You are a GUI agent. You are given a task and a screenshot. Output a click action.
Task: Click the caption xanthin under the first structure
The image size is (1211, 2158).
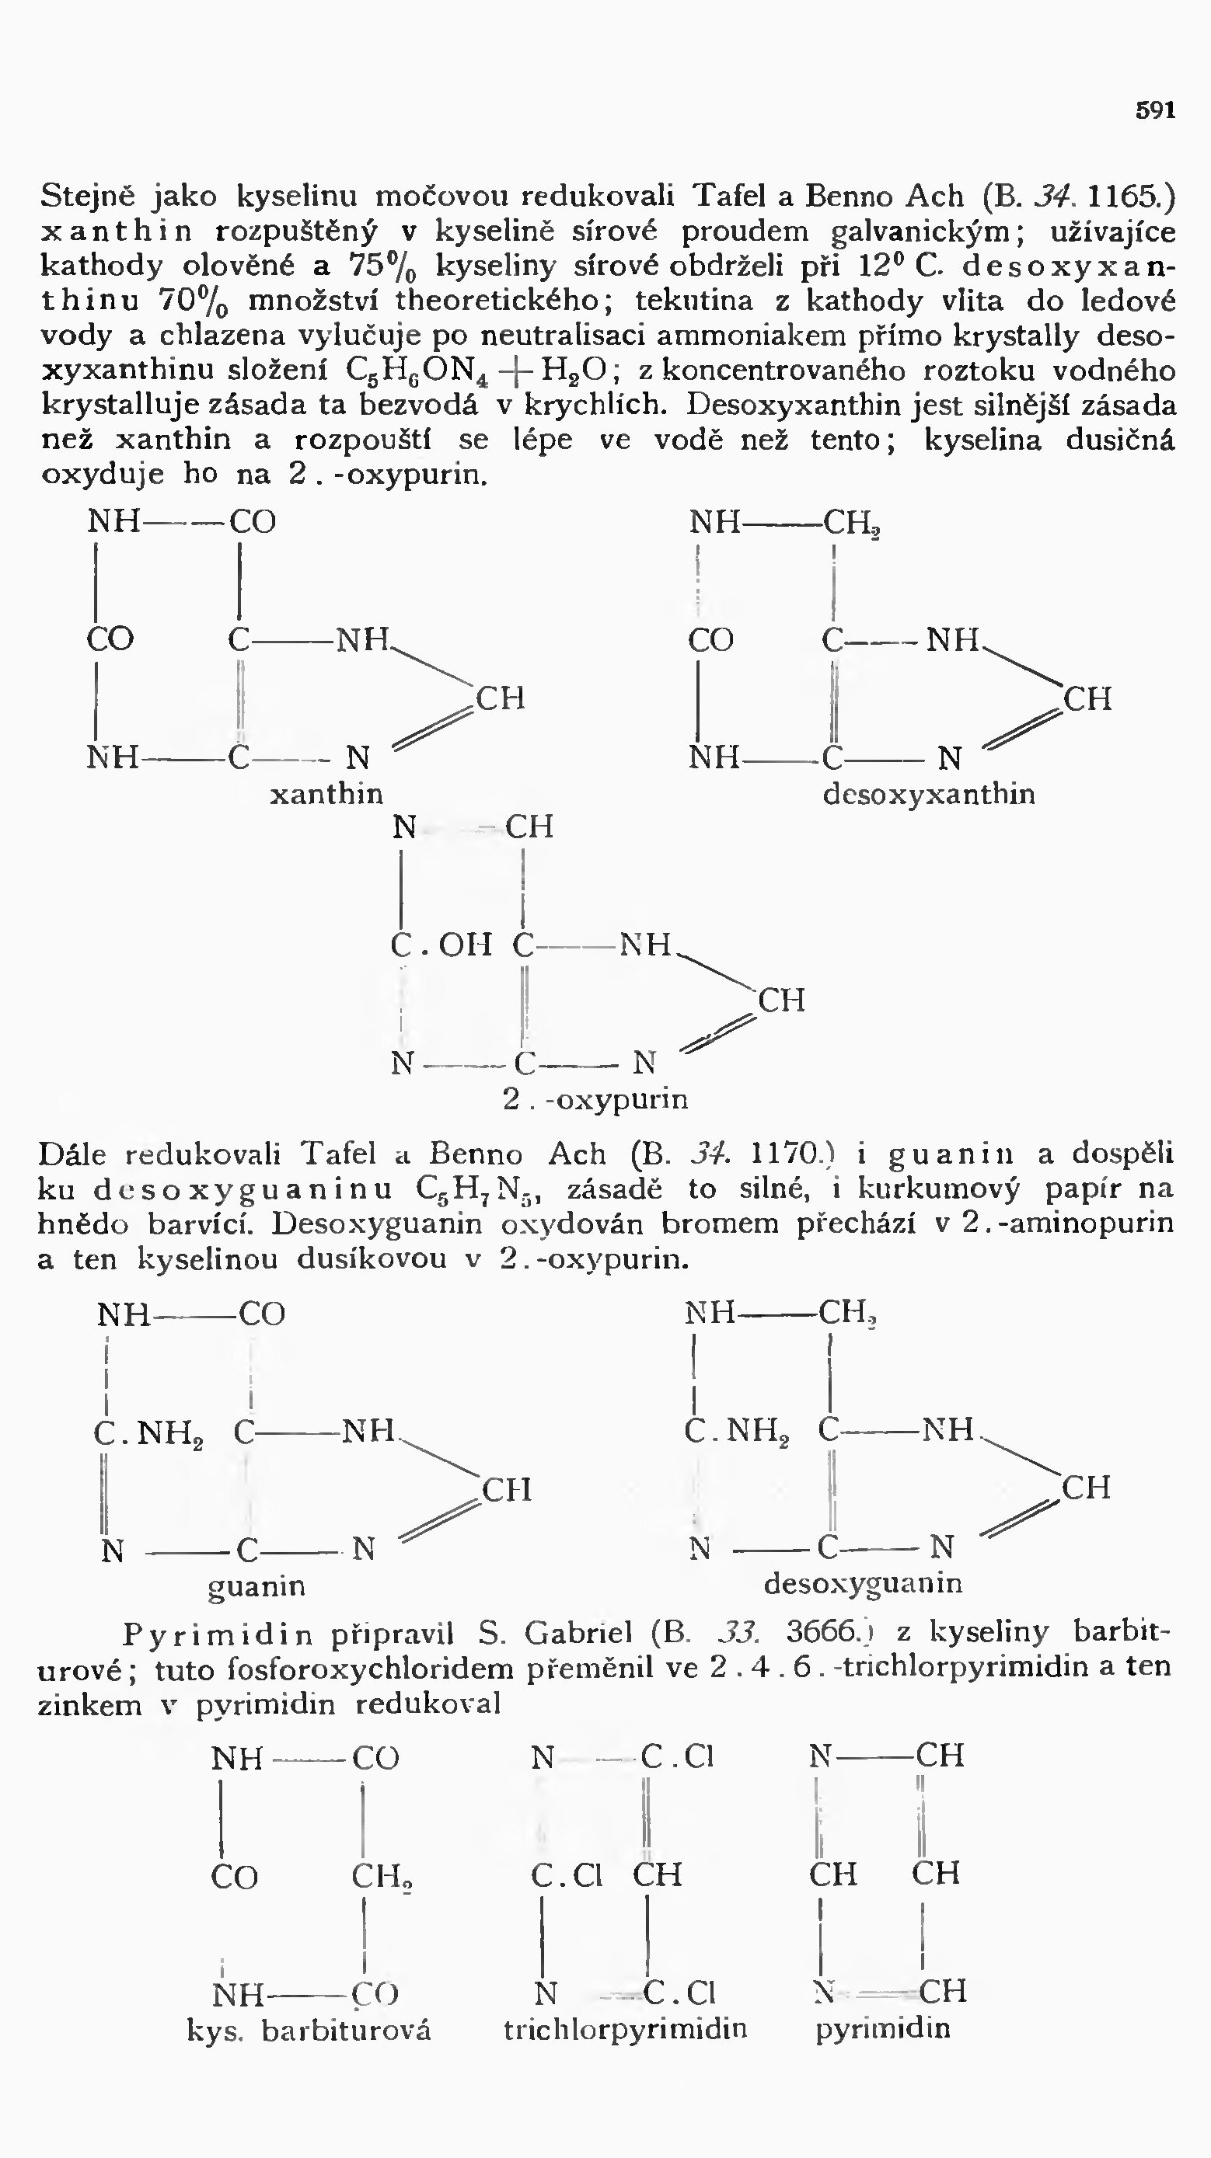(326, 793)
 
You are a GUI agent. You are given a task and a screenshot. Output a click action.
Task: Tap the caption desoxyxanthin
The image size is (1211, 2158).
(929, 793)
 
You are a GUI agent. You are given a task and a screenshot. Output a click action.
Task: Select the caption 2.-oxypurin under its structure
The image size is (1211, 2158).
(596, 1098)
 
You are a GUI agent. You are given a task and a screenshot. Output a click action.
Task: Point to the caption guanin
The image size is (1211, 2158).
(257, 1585)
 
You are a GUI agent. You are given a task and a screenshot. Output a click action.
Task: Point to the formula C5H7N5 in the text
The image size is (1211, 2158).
(489, 1190)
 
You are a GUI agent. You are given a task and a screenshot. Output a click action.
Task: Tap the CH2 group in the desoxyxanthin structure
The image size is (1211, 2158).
(850, 524)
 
